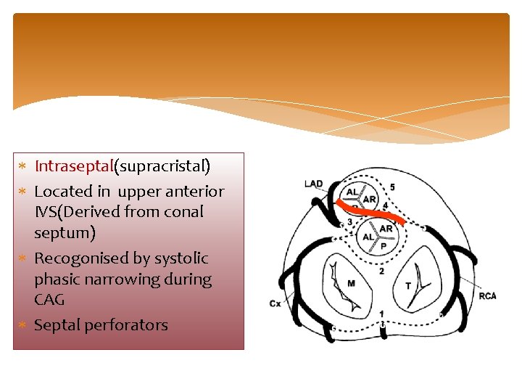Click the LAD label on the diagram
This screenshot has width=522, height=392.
pyautogui.click(x=313, y=184)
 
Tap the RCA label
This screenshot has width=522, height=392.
pyautogui.click(x=487, y=295)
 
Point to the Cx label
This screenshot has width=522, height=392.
pyautogui.click(x=275, y=303)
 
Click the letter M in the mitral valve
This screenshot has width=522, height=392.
pyautogui.click(x=351, y=282)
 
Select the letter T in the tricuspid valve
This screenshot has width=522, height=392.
pyautogui.click(x=407, y=286)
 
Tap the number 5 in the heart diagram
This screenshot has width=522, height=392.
pyautogui.click(x=392, y=187)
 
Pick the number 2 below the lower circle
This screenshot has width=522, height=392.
pyautogui.click(x=381, y=271)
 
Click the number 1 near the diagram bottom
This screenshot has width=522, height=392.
pyautogui.click(x=381, y=314)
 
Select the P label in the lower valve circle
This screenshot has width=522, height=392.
pyautogui.click(x=384, y=246)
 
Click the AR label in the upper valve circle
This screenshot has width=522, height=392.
pyautogui.click(x=369, y=199)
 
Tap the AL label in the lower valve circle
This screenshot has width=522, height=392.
pyautogui.click(x=368, y=237)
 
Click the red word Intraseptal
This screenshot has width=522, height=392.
pyautogui.click(x=74, y=166)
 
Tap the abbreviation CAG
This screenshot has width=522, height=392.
pyautogui.click(x=49, y=300)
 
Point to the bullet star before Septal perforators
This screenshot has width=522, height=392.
pyautogui.click(x=22, y=325)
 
